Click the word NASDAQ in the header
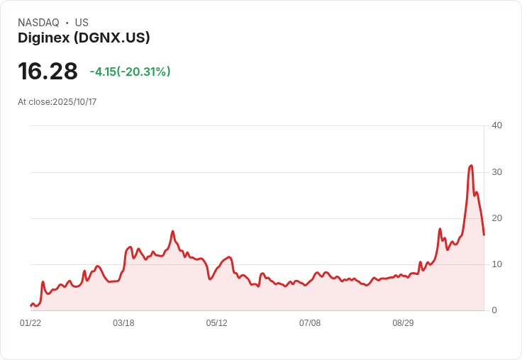(x=38, y=23)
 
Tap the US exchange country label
(x=82, y=23)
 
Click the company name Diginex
(x=43, y=38)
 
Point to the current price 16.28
(x=48, y=72)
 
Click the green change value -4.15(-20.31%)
(x=130, y=72)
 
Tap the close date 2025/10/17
(x=74, y=102)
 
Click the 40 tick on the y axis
(x=496, y=125)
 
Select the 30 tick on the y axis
(x=496, y=172)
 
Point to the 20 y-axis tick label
(x=496, y=218)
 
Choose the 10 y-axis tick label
(x=496, y=264)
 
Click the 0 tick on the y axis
(x=494, y=310)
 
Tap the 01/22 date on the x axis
(x=30, y=323)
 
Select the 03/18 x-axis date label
(x=123, y=323)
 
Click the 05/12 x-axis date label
(x=217, y=323)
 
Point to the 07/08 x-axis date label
(x=310, y=323)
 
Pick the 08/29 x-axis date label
(x=403, y=323)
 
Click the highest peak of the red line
(x=471, y=166)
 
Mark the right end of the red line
(x=484, y=235)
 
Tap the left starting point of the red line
(x=30, y=305)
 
